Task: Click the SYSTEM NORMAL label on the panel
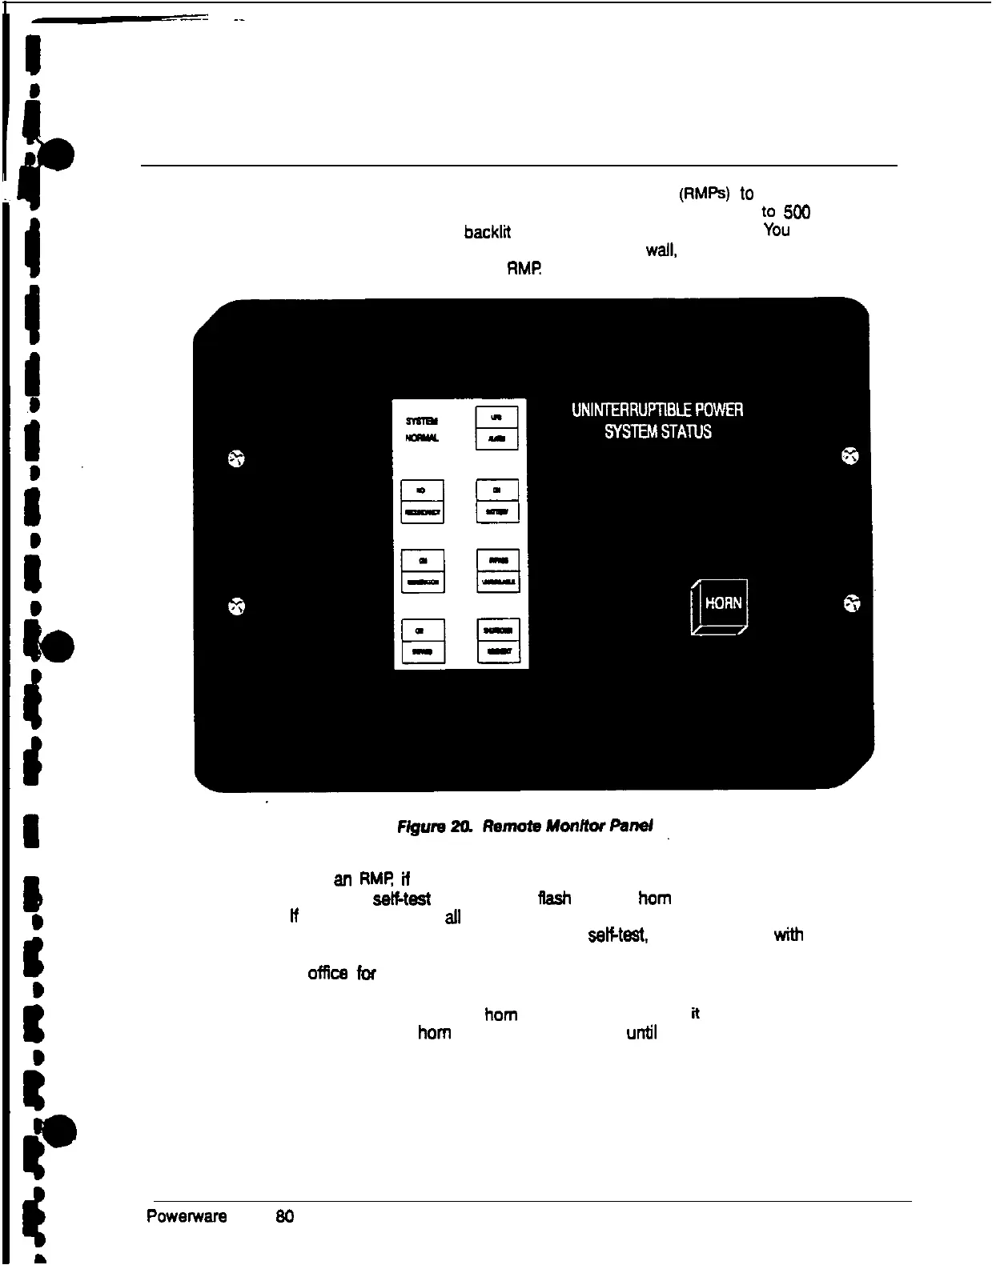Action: (x=422, y=430)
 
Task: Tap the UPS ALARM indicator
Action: (x=496, y=428)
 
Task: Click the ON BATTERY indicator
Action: (x=497, y=501)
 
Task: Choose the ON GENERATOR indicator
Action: (x=422, y=571)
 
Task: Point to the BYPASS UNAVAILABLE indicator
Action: (x=498, y=570)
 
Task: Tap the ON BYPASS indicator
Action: (x=422, y=641)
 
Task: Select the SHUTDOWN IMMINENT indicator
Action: (x=498, y=641)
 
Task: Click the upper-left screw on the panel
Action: (x=236, y=458)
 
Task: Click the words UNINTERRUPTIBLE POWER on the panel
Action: (x=657, y=410)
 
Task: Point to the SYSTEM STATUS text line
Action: (x=657, y=432)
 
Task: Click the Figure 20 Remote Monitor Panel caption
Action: (x=525, y=825)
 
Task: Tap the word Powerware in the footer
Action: (x=187, y=1216)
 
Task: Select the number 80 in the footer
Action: (x=284, y=1216)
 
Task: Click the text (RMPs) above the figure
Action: (x=704, y=194)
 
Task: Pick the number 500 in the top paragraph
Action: (x=797, y=212)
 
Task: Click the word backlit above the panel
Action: (x=488, y=232)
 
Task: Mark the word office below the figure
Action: (x=327, y=974)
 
